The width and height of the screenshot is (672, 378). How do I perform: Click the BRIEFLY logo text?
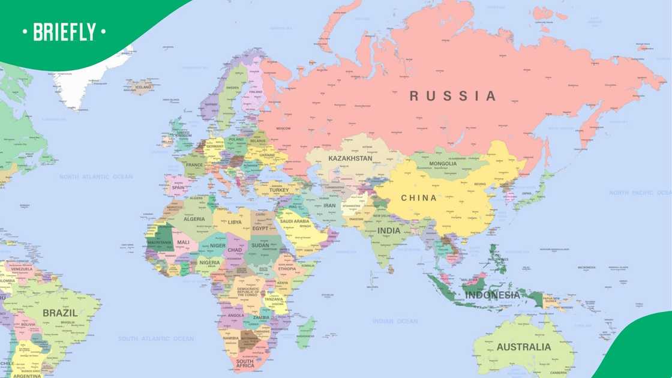[x=64, y=31]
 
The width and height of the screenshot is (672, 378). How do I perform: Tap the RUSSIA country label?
[x=453, y=96]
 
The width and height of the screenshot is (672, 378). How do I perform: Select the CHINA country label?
[x=419, y=198]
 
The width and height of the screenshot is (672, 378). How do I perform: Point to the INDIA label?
[x=389, y=230]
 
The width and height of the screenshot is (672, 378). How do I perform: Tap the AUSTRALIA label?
[x=523, y=347]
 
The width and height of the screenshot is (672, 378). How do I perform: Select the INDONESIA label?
[x=493, y=295]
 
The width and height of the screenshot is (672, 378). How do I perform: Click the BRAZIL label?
[x=60, y=313]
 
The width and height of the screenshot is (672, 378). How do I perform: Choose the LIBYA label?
[x=235, y=222]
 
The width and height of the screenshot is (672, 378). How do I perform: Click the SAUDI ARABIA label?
[x=294, y=221]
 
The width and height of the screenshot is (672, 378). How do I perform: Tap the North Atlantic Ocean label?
[x=96, y=177]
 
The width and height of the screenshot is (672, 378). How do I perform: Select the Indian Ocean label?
[x=395, y=321]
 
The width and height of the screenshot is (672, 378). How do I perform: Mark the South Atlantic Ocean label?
[x=155, y=338]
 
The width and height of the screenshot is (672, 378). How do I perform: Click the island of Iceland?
[x=142, y=87]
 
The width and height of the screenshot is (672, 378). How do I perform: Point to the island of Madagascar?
[x=305, y=331]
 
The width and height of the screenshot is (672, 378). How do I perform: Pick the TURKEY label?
[x=278, y=190]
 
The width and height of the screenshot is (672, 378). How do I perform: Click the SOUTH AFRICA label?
[x=244, y=363]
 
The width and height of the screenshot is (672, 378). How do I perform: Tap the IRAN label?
[x=329, y=205]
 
